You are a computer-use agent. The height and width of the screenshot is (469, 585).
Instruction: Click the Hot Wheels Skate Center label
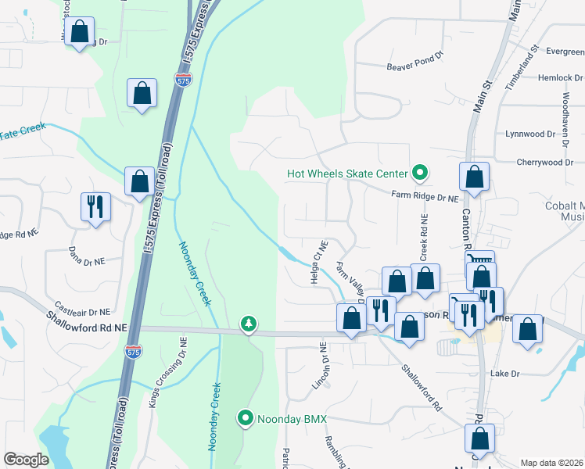click(x=347, y=174)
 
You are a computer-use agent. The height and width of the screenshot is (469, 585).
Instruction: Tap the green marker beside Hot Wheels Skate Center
click(x=420, y=173)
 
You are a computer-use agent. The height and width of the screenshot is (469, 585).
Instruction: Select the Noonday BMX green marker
click(x=246, y=420)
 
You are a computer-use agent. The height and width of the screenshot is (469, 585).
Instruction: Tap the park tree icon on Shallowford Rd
click(x=249, y=323)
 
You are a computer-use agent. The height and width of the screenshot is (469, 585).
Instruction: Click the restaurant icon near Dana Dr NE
click(x=95, y=207)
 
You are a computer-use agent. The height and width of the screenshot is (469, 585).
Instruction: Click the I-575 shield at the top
click(x=183, y=81)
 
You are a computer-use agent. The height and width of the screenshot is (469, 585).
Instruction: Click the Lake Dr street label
click(x=504, y=374)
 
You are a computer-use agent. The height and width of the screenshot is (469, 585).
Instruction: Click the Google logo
click(x=26, y=460)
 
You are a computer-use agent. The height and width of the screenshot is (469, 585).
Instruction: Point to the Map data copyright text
click(x=551, y=463)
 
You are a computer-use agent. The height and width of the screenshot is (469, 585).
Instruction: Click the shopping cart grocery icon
click(x=479, y=261)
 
